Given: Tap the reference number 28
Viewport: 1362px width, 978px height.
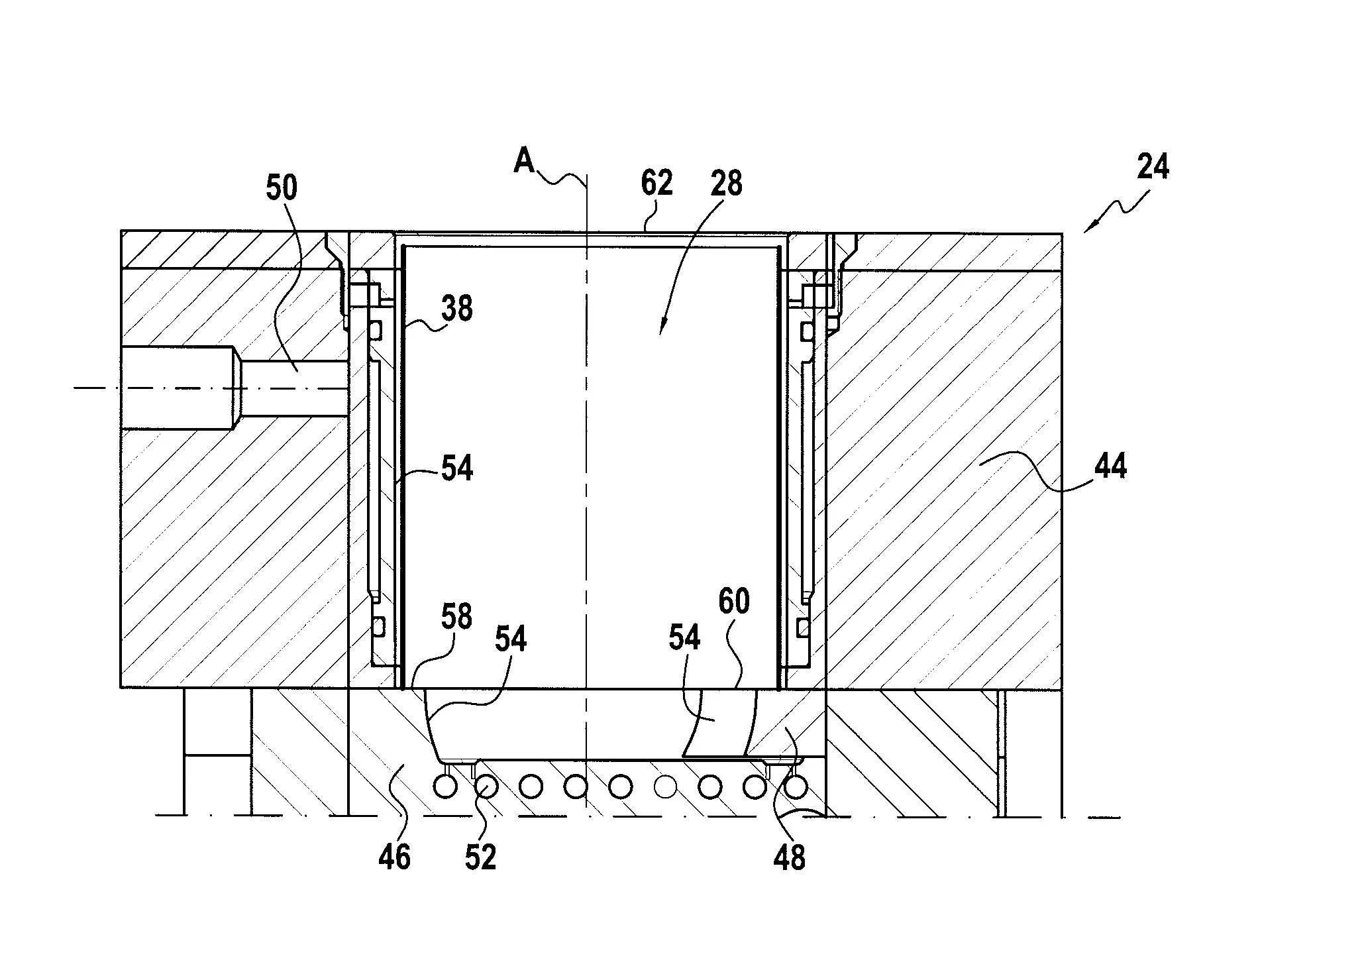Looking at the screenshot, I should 726,183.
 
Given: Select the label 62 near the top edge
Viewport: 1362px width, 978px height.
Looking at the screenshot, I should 656,183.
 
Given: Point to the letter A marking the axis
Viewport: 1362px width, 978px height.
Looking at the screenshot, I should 525,161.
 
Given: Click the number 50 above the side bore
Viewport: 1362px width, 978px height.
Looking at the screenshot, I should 282,188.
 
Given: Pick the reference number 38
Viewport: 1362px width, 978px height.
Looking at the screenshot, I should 456,309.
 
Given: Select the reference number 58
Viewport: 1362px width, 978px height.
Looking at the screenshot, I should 456,617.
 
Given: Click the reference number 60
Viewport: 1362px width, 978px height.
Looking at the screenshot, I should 733,602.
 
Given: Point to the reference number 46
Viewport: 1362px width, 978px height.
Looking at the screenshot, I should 395,857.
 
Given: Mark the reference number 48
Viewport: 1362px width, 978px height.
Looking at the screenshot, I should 789,857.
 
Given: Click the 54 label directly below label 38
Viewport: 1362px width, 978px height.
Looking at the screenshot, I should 457,469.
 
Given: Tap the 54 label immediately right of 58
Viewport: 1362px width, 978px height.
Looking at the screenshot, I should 510,639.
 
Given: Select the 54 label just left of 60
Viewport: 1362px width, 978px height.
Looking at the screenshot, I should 684,637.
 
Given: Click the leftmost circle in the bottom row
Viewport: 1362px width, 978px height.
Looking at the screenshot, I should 444,787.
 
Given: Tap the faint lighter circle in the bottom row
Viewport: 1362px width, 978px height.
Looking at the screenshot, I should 665,787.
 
